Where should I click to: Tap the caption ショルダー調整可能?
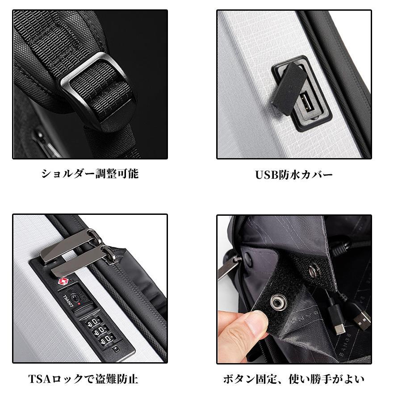(90, 174)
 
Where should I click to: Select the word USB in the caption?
(267, 175)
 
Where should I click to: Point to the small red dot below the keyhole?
(79, 305)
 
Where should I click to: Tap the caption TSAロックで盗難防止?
(83, 379)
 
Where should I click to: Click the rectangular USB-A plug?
(360, 318)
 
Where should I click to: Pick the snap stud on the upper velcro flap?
(315, 269)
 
